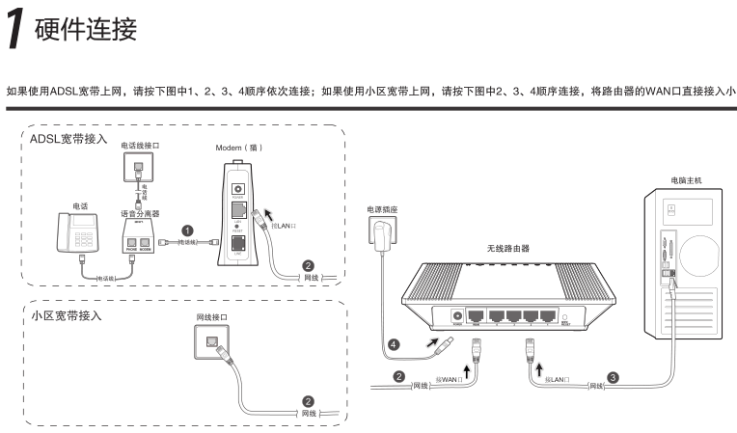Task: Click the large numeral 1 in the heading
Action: coord(16,28)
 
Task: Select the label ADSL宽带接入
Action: coord(68,140)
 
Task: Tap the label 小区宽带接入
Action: coord(67,315)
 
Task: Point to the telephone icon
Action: coord(76,233)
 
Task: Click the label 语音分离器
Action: coord(140,212)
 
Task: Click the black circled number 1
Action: coord(187,231)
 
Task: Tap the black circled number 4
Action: coord(393,342)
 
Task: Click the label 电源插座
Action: coord(382,208)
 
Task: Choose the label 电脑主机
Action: coord(686,179)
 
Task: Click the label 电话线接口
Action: coord(140,145)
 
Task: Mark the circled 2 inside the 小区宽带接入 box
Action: coord(308,401)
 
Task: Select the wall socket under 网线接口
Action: coord(210,343)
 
